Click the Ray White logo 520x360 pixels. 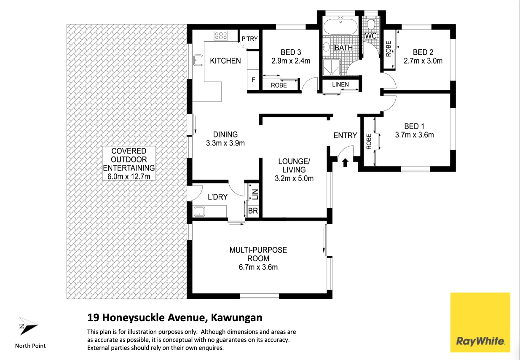(x=480, y=322)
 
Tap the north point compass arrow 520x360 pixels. (x=28, y=325)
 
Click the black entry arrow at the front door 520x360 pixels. (x=345, y=162)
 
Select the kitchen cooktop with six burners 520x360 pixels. (x=221, y=35)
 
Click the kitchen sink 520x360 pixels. (x=198, y=60)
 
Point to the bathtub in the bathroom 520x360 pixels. (x=340, y=27)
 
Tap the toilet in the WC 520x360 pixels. (x=371, y=24)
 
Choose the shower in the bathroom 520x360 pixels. (x=331, y=67)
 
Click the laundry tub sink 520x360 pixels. (x=199, y=211)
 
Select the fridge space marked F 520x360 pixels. (x=253, y=80)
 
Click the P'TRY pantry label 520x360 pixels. (x=249, y=38)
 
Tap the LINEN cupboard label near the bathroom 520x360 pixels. (x=340, y=84)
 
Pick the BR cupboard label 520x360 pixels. (x=253, y=211)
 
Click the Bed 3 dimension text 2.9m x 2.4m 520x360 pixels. (x=291, y=61)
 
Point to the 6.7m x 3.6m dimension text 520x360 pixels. (x=258, y=267)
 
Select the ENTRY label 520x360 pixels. (x=345, y=135)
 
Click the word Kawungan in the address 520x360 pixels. (x=236, y=318)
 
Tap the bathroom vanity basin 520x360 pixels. (x=326, y=47)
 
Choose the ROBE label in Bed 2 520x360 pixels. (x=388, y=49)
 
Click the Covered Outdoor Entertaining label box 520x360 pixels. (x=129, y=164)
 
